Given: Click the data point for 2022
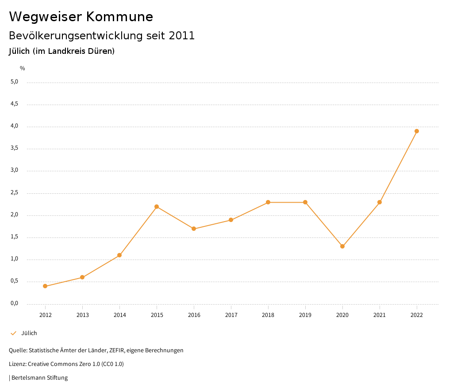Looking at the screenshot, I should pyautogui.click(x=417, y=131).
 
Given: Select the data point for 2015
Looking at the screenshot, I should pyautogui.click(x=157, y=207).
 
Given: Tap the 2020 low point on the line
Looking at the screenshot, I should pyautogui.click(x=342, y=246).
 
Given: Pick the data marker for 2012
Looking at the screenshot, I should pyautogui.click(x=45, y=286).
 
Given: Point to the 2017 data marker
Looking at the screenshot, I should pyautogui.click(x=231, y=220).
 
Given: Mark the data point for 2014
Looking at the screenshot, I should pyautogui.click(x=119, y=255).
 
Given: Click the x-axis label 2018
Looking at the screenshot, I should pyautogui.click(x=268, y=315).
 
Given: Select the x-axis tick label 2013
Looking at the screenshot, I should pyautogui.click(x=82, y=315).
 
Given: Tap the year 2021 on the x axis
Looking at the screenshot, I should pyautogui.click(x=380, y=315).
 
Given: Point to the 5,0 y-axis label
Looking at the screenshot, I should pyautogui.click(x=14, y=82).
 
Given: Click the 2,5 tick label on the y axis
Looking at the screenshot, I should pyautogui.click(x=14, y=192).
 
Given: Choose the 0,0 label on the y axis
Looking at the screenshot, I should pyautogui.click(x=14, y=303).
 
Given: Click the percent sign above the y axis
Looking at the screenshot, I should pyautogui.click(x=23, y=68).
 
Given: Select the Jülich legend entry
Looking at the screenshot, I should pyautogui.click(x=29, y=333).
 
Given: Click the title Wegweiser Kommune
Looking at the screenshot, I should pyautogui.click(x=81, y=17).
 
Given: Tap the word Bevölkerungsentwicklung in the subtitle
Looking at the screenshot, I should pyautogui.click(x=76, y=36).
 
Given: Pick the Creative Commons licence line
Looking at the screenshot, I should pyautogui.click(x=66, y=364).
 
